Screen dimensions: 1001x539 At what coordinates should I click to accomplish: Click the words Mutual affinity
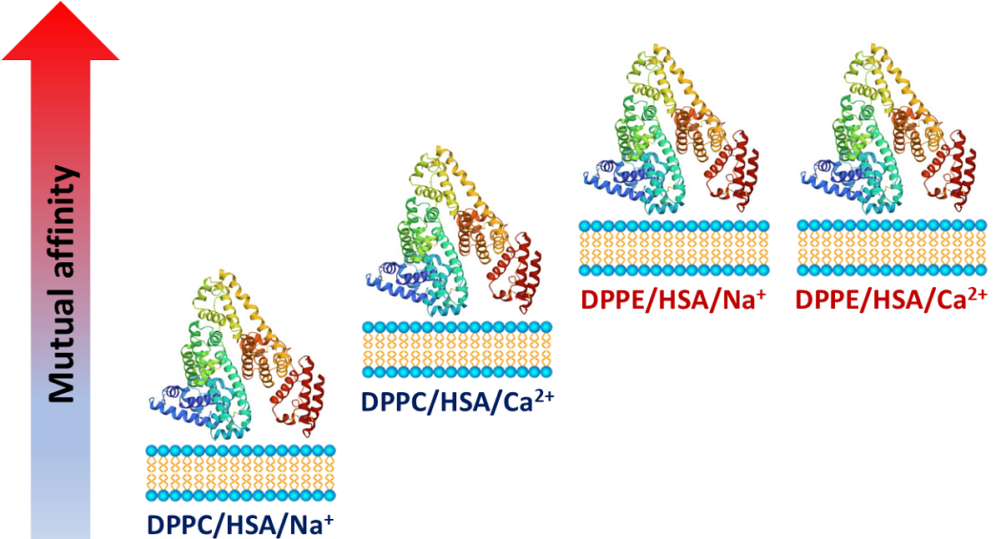click(61, 284)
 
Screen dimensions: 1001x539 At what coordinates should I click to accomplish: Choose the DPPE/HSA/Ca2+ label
click(891, 300)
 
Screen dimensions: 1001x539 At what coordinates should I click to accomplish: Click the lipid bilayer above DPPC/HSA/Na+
click(240, 473)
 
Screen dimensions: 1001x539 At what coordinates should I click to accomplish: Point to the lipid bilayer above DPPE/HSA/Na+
click(674, 248)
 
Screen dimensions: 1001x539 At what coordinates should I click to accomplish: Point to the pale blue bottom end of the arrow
click(60, 517)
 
